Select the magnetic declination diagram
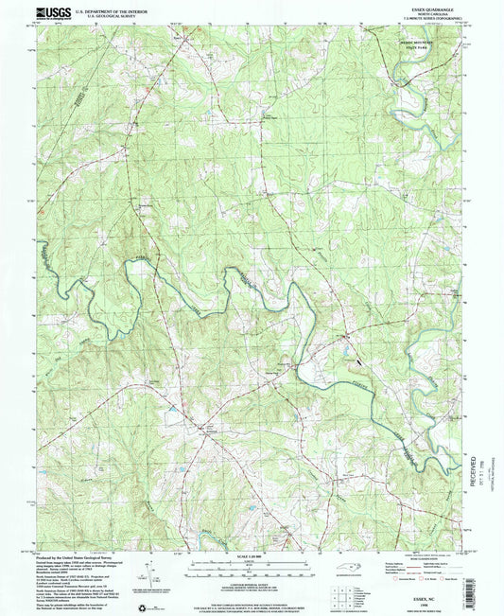(x=147, y=573)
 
